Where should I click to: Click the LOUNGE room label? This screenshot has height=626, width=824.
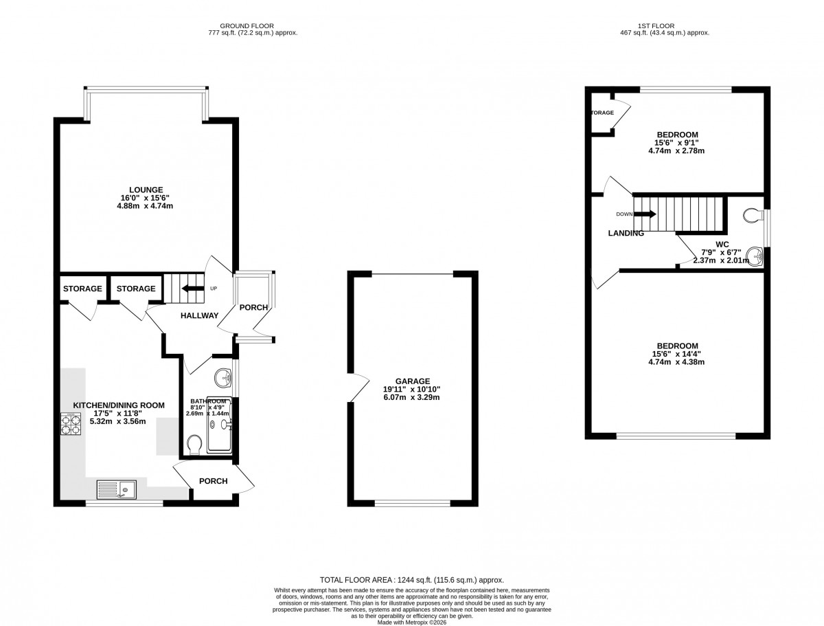pos(147,190)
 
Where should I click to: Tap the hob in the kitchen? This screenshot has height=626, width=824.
pos(71,424)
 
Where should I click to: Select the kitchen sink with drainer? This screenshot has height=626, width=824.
pos(116,490)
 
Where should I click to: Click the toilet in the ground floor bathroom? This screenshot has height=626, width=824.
pos(194,444)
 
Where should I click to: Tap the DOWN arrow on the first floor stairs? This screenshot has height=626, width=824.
pos(645,214)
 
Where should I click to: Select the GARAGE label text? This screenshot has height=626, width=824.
pos(412,381)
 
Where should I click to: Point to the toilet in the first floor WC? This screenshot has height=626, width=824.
pos(753,215)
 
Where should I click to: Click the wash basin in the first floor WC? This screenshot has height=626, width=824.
pos(757,256)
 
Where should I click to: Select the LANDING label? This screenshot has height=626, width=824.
pos(626,233)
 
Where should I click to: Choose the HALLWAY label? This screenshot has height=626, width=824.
pos(199,315)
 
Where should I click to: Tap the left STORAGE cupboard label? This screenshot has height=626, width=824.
pos(83,289)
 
